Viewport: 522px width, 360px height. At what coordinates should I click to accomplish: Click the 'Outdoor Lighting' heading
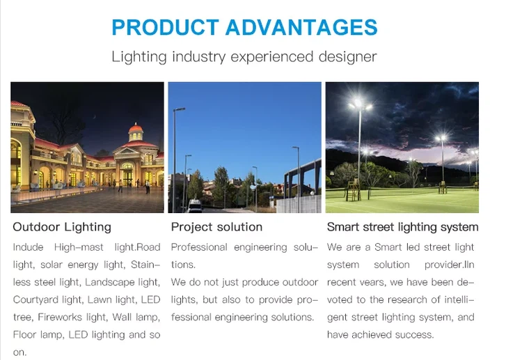pos(62,227)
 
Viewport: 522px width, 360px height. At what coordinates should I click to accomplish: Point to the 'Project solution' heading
pos(216,227)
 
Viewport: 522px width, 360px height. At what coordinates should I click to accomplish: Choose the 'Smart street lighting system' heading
pos(402,227)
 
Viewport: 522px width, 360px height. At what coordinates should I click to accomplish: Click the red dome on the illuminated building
pos(135,130)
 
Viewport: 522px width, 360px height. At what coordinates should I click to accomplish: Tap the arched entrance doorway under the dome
pos(127,174)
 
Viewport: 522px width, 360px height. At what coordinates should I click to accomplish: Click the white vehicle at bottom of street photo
pos(195,206)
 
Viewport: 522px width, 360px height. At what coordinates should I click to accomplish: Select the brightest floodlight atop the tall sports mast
pos(359,106)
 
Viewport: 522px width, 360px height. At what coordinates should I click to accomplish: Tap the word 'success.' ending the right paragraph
pos(414,335)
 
